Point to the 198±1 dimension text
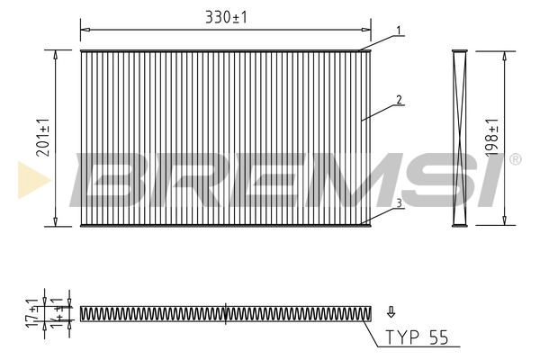pos(491,137)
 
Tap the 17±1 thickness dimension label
pos(32,313)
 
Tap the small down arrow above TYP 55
pos(390,312)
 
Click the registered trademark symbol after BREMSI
pos(514,159)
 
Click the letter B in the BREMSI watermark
pos(112,178)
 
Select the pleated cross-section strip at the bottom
pos(225,313)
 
